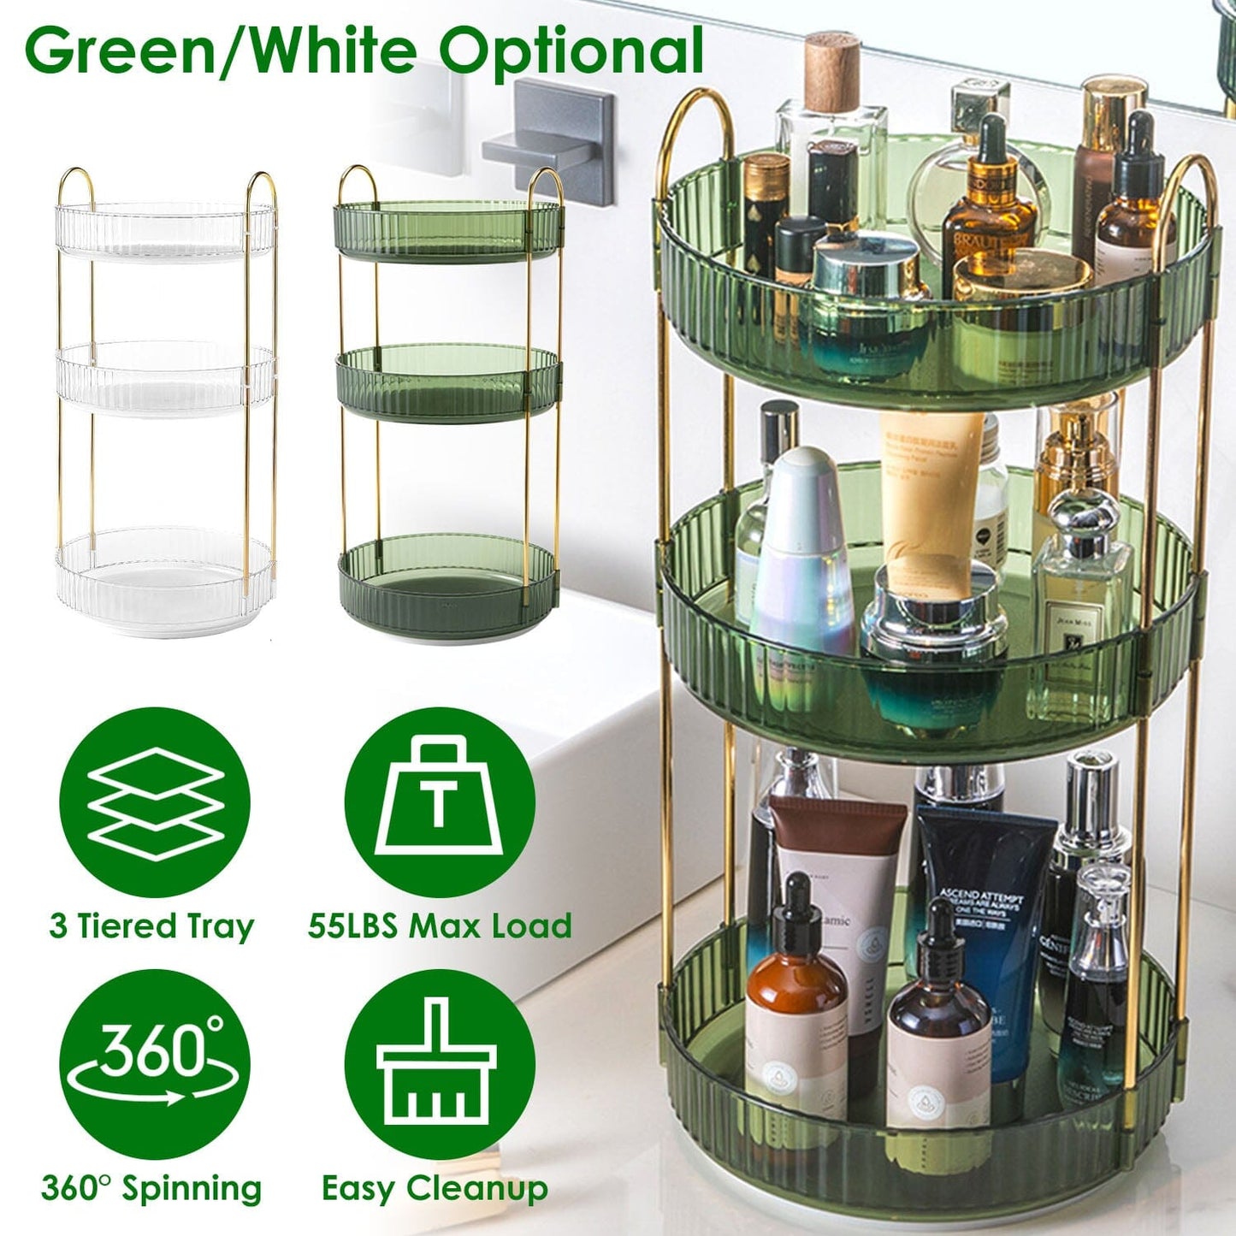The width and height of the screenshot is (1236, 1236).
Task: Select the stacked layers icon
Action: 155,803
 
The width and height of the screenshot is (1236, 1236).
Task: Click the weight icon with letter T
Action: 440,801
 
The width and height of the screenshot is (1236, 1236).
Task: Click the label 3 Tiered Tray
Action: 151,926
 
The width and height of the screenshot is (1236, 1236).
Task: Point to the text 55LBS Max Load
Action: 440,926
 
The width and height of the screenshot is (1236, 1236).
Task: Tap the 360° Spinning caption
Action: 151,1189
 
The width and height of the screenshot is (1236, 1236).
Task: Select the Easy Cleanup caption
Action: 435,1189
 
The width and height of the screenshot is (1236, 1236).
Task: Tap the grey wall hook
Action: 552,140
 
